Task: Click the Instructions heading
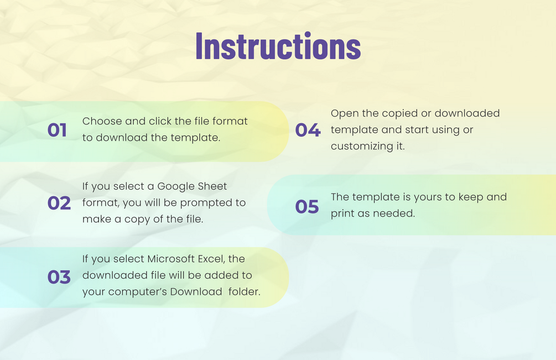click(x=278, y=46)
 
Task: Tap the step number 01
click(x=57, y=130)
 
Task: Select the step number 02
click(x=59, y=203)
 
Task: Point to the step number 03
click(x=59, y=277)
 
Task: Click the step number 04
click(x=308, y=130)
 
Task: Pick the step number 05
click(x=307, y=207)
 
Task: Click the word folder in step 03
click(x=245, y=291)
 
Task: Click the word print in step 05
click(x=341, y=213)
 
